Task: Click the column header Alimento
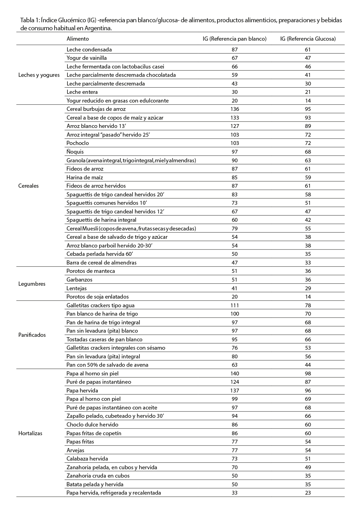click(78, 39)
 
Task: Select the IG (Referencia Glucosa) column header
click(308, 39)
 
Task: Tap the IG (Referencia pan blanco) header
click(234, 39)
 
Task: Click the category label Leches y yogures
click(39, 75)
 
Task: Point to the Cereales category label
click(29, 186)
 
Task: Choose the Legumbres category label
click(32, 284)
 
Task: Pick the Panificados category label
click(32, 335)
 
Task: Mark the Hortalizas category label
click(30, 433)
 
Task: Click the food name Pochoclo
click(78, 143)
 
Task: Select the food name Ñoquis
click(75, 152)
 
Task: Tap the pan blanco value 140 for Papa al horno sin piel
click(235, 374)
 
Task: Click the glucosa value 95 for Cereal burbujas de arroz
click(307, 109)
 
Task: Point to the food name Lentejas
click(77, 288)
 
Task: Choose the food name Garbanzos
click(79, 280)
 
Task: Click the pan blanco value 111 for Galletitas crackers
click(235, 306)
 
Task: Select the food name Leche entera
click(82, 92)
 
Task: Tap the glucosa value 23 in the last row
click(307, 493)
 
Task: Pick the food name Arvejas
click(75, 450)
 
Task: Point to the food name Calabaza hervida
click(87, 459)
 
